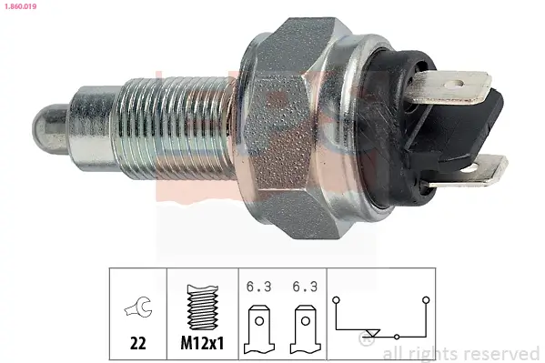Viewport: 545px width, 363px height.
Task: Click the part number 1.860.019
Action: tap(21, 6)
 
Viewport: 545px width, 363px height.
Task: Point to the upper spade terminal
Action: tap(449, 87)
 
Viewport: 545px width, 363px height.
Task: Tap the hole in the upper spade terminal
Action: tap(455, 84)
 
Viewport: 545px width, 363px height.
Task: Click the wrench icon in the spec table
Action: tap(138, 307)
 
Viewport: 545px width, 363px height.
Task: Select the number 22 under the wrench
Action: tap(138, 343)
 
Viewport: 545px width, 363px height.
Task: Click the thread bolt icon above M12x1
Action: tap(202, 307)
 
